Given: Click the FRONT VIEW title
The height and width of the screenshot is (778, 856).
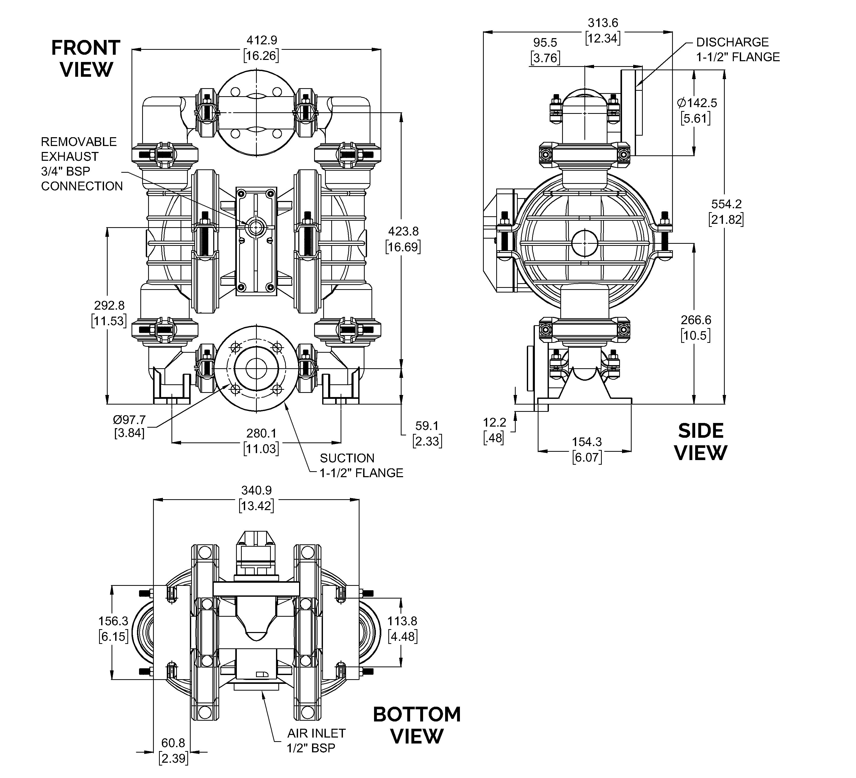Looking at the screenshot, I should (86, 59).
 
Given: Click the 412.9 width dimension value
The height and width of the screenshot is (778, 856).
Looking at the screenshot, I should (261, 40).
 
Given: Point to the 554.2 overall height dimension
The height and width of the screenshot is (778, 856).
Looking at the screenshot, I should (726, 204).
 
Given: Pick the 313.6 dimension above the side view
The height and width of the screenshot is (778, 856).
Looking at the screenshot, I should (603, 23).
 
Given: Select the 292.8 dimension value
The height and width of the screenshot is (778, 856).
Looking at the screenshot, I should (109, 305).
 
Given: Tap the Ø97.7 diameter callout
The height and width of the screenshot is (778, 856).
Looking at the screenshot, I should (129, 420).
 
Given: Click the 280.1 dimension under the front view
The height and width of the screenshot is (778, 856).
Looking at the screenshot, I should (261, 433).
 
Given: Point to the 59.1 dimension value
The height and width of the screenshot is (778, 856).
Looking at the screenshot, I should (427, 426).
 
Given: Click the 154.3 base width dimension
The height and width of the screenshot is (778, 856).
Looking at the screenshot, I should (586, 442).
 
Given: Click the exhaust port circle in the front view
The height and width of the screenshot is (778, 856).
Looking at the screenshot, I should (256, 228).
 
